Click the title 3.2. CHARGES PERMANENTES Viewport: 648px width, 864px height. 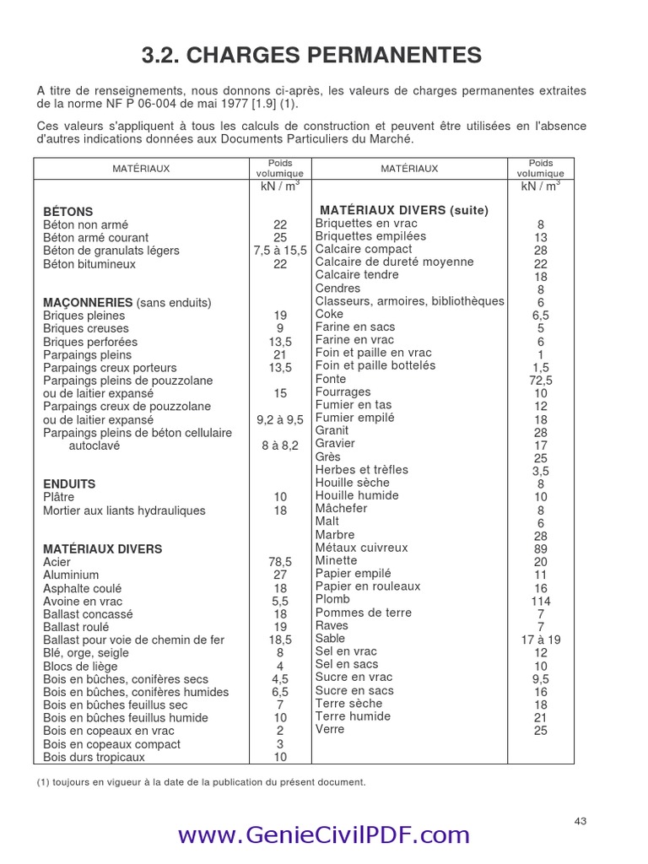point(311,56)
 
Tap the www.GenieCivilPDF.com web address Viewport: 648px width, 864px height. point(323,834)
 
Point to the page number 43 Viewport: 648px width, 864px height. point(580,821)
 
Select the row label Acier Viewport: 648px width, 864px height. point(57,562)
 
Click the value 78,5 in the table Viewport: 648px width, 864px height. point(280,562)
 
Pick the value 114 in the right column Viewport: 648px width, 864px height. point(541,601)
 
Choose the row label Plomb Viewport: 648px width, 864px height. point(332,599)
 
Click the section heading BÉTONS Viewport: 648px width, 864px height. point(68,212)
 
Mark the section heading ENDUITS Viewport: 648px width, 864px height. point(69,484)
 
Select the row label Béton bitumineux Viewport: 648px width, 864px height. point(89,264)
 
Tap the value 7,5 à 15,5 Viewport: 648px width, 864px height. point(280,251)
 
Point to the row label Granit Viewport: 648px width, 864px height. point(332,430)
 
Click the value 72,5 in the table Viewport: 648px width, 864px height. point(541,381)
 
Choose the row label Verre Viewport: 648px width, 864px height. point(330,729)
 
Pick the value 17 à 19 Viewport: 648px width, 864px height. point(541,640)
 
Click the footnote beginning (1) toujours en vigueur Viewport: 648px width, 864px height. point(202,782)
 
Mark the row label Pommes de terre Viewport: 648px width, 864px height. point(352,613)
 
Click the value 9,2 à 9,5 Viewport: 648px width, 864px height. point(280,419)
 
